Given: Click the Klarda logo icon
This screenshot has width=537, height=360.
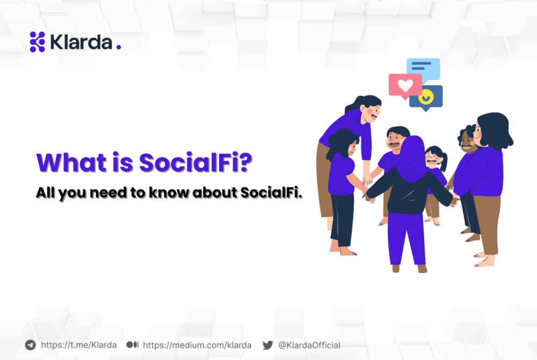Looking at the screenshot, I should (37, 42).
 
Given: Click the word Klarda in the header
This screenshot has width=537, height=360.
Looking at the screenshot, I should (81, 42).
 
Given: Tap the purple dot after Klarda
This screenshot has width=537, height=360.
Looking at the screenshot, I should (119, 47).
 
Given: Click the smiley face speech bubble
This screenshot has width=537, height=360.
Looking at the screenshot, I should (426, 97).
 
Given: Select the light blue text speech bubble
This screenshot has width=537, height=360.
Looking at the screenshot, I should (424, 68).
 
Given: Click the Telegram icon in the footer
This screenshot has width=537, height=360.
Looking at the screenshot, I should (31, 345).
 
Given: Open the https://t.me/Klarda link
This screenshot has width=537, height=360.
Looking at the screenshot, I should (78, 345).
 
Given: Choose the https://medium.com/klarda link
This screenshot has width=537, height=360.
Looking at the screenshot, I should (197, 345).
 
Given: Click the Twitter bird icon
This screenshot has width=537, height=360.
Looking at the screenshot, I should (267, 345).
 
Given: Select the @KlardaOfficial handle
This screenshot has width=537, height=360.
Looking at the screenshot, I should (309, 345).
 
